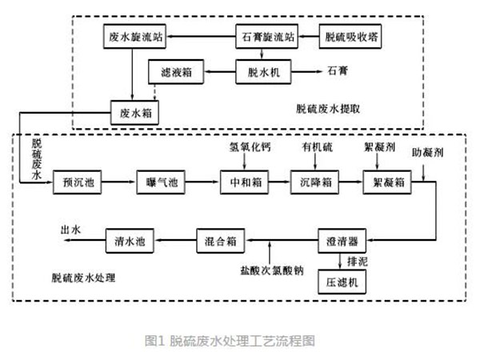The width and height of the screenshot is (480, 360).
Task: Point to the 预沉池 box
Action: tap(78, 182)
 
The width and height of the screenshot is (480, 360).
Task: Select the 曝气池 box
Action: tap(162, 182)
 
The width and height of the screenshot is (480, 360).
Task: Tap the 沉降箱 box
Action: tap(314, 182)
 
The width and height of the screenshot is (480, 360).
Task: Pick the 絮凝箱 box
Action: tap(388, 182)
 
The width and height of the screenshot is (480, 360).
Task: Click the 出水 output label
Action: tap(71, 230)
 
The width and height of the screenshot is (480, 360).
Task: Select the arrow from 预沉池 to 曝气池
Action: tap(120, 182)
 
